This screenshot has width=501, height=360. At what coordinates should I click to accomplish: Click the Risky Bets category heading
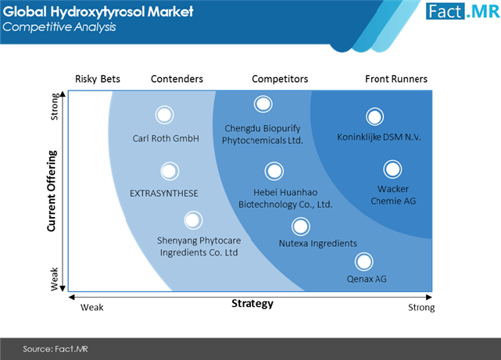point(98,79)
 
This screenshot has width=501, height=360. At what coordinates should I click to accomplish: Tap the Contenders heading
point(177,79)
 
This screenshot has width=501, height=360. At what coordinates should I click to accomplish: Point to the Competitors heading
point(281,79)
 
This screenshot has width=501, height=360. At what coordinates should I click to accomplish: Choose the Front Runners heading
point(396,79)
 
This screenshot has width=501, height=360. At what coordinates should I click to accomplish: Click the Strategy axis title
point(252,304)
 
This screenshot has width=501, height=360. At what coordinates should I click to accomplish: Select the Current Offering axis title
point(52,191)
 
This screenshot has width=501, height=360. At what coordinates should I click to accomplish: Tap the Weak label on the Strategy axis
point(92,308)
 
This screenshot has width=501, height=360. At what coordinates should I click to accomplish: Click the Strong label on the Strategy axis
point(421,308)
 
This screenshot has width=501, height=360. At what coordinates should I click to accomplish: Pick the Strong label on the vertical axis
point(55,107)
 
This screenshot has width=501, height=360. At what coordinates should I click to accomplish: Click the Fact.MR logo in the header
point(463,12)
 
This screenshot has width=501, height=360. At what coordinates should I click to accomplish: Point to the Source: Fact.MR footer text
point(55,349)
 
